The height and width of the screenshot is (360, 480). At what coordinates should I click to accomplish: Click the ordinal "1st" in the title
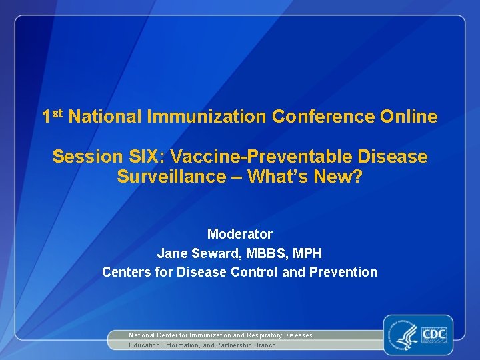click(53, 116)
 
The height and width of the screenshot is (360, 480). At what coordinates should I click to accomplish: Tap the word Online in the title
click(409, 117)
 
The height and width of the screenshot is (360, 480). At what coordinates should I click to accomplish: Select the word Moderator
click(240, 234)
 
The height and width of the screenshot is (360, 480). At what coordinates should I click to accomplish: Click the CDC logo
click(433, 333)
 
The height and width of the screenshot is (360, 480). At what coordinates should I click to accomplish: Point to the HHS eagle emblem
click(404, 335)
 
